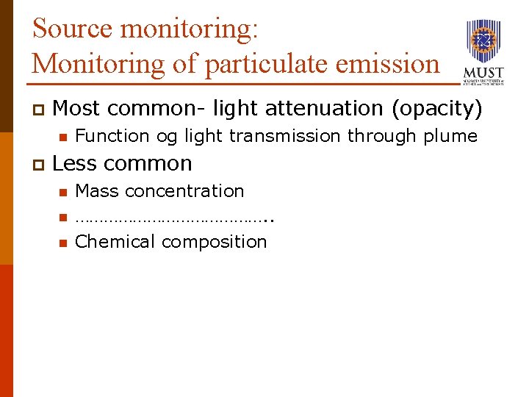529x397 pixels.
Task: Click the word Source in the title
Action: pos(73,29)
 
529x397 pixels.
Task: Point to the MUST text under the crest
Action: pos(483,73)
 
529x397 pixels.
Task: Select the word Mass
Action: pos(98,191)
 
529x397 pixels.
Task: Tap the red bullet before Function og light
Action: pos(63,137)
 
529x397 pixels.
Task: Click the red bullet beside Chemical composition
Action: pos(63,243)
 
